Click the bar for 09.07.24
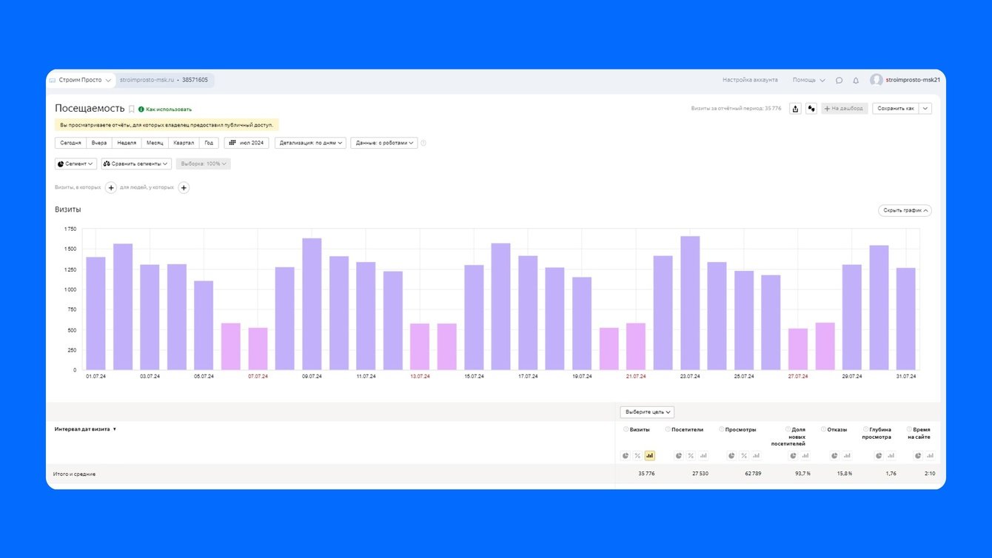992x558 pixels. [x=312, y=304]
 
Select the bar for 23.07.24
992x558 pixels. [x=690, y=303]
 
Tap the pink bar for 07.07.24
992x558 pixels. [x=258, y=349]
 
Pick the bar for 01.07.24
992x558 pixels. [x=95, y=313]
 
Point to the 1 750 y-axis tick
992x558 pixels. [x=70, y=229]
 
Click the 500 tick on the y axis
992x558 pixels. [x=71, y=330]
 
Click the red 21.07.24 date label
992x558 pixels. [x=635, y=377]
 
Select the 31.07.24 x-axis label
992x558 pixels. [x=905, y=377]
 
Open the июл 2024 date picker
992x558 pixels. [x=247, y=143]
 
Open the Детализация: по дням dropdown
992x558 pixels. [x=311, y=143]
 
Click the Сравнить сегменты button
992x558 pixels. [x=136, y=164]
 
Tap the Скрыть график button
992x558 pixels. [x=905, y=211]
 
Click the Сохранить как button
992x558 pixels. [x=896, y=108]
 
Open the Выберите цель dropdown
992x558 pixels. [x=647, y=412]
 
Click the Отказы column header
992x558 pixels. [x=837, y=429]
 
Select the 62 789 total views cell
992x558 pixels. [x=749, y=474]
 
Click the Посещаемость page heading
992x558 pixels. [x=89, y=109]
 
